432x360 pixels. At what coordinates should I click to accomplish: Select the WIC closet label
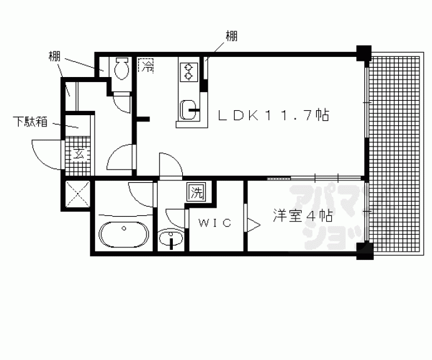click(x=214, y=223)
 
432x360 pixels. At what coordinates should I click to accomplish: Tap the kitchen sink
click(x=187, y=111)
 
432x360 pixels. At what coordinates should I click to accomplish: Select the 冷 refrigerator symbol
click(x=147, y=65)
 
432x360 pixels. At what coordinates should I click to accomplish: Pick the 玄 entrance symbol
click(x=79, y=153)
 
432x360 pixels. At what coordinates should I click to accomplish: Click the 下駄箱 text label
click(x=29, y=121)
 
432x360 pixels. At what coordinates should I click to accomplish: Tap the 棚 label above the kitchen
click(x=231, y=36)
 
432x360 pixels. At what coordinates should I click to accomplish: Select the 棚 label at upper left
click(x=54, y=56)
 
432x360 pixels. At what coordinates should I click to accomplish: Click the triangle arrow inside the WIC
click(x=254, y=224)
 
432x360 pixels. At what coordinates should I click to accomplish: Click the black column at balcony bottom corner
click(x=363, y=250)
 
